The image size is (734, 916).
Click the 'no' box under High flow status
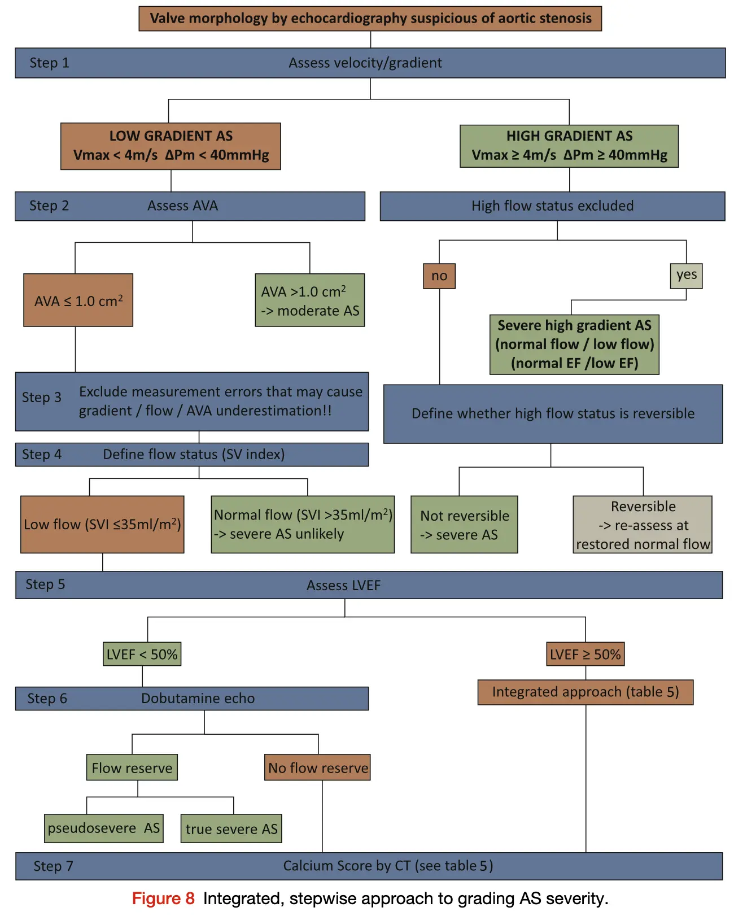coord(439,276)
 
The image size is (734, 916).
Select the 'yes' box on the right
coord(686,276)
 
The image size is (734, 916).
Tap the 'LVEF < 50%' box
coord(142,654)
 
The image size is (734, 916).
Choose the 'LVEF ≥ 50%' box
coord(586,654)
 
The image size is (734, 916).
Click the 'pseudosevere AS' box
coord(104,828)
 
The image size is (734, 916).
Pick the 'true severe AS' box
coord(231,828)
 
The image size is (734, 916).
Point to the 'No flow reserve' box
coord(317,767)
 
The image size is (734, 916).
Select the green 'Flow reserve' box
coord(132,767)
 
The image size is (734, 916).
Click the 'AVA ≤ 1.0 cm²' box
coord(78,300)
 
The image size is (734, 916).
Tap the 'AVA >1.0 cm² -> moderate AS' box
coord(310,300)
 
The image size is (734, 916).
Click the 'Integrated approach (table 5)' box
coord(586,692)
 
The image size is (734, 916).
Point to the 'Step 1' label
coord(49,63)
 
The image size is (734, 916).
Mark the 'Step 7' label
coord(53,866)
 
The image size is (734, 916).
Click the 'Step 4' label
coord(42,455)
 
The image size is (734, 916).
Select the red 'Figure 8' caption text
coord(163,898)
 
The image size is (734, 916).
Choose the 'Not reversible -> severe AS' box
coord(464,525)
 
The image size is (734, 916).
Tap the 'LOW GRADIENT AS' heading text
coord(171,136)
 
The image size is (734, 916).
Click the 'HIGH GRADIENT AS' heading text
coord(569,136)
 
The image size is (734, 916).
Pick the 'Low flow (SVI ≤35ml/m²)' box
coord(102,525)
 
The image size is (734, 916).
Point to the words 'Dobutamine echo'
coord(198,699)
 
